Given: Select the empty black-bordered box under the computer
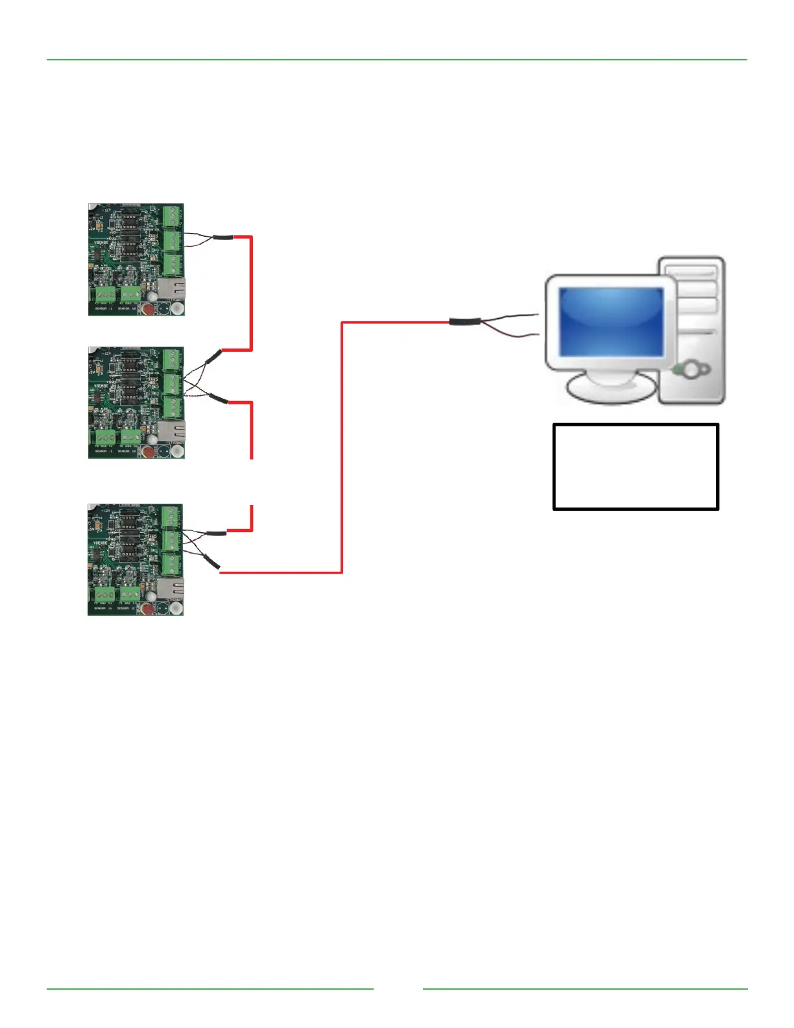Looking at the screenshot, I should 636,467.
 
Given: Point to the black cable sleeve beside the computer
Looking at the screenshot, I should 465,321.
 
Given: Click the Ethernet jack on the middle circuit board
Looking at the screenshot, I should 171,430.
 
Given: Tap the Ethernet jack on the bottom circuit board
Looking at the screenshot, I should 171,588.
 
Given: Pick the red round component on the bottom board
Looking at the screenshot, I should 147,609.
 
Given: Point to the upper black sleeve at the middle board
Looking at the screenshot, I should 213,355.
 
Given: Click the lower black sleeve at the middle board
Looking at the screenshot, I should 217,398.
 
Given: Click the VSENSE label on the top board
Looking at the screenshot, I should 101,243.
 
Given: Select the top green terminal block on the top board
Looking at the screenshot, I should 172,215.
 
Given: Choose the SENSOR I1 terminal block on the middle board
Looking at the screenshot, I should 104,438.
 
